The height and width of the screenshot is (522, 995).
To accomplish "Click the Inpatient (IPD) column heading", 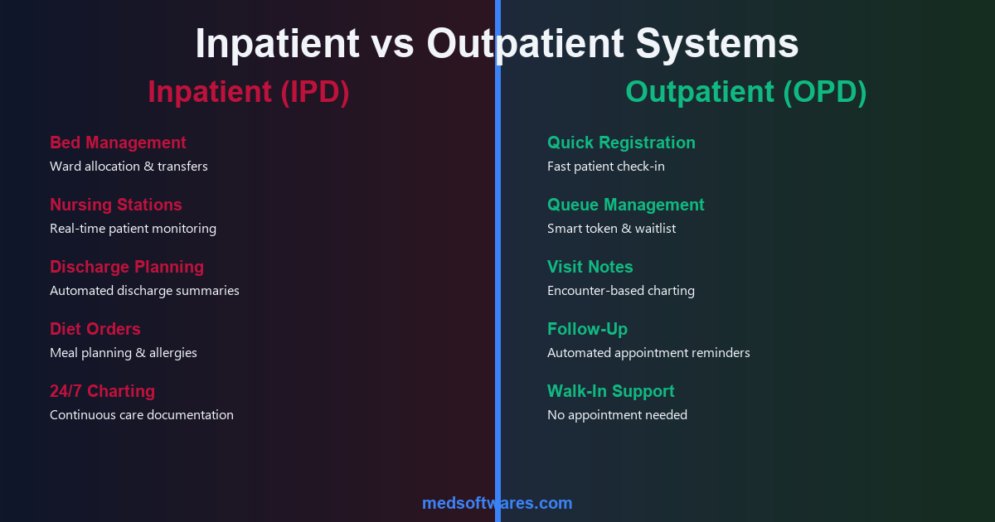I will point(248,92).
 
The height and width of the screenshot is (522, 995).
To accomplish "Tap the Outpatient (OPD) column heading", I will point(745,92).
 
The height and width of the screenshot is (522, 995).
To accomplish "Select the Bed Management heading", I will point(118,143).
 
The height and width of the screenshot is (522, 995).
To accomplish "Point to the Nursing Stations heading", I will point(115,205).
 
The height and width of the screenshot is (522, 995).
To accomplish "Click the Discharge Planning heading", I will point(127,267).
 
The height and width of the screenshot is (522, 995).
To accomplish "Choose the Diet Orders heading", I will point(95,329).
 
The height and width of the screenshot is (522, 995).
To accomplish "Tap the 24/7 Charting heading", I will point(102,391).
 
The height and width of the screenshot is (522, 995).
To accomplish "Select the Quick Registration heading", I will point(621,143).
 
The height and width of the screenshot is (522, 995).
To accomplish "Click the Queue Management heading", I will point(625,205).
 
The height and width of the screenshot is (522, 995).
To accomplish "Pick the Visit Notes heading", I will point(590,267).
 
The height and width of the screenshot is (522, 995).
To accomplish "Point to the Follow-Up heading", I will point(587,329).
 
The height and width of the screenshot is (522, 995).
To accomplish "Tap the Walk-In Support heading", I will point(610,391).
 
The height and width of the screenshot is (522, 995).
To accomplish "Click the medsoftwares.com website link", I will point(497,503).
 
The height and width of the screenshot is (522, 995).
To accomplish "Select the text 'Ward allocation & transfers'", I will point(129,167).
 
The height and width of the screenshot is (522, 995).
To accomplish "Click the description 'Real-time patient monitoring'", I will point(133,229).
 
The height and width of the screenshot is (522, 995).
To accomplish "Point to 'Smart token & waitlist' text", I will point(611,229).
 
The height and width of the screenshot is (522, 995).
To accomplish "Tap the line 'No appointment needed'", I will point(617,415).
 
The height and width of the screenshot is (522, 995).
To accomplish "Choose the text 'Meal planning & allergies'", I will point(124,353).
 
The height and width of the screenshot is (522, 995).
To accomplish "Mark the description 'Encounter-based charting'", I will point(620,291).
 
